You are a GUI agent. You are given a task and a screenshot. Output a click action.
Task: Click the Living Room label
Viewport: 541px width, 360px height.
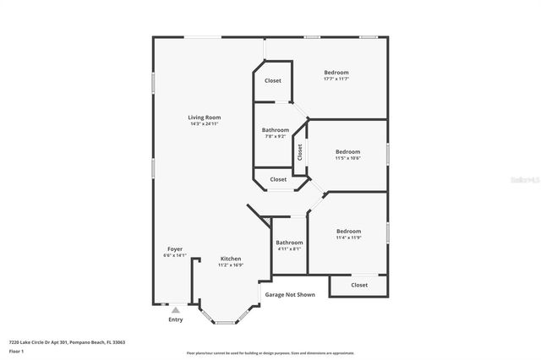pyautogui.click(x=205, y=117)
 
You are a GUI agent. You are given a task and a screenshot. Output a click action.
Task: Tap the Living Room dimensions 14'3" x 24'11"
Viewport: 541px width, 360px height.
pyautogui.click(x=205, y=124)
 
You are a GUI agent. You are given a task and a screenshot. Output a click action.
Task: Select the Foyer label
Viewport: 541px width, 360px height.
pyautogui.click(x=174, y=249)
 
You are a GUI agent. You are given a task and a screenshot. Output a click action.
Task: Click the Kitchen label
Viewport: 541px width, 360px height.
pyautogui.click(x=231, y=259)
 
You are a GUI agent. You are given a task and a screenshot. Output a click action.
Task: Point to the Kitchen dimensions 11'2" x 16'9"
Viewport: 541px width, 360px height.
pyautogui.click(x=231, y=265)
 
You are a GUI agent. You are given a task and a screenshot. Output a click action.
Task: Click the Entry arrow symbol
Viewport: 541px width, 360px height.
pyautogui.click(x=175, y=310)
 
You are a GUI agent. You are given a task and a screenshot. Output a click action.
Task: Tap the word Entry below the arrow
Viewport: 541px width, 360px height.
pyautogui.click(x=175, y=319)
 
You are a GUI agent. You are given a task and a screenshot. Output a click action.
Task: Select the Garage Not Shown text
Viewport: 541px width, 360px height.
pyautogui.click(x=290, y=295)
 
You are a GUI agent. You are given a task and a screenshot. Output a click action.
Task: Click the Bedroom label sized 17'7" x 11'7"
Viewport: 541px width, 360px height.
pyautogui.click(x=336, y=73)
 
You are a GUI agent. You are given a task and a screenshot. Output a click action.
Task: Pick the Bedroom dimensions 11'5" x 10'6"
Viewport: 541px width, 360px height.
pyautogui.click(x=347, y=158)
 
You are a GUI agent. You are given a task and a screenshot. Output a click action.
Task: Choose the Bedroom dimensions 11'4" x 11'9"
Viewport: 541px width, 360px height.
pyautogui.click(x=347, y=237)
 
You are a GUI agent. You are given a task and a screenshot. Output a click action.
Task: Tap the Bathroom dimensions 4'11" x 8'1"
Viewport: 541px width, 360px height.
pyautogui.click(x=289, y=249)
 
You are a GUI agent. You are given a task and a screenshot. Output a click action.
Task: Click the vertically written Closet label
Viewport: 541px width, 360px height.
pyautogui.click(x=299, y=152)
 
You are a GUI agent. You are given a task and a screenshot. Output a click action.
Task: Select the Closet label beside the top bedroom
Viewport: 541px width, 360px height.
pyautogui.click(x=273, y=80)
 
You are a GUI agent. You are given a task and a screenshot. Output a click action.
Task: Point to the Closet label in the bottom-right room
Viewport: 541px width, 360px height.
pyautogui.click(x=359, y=285)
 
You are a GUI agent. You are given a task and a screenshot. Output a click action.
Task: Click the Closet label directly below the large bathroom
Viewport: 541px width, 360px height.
pyautogui.click(x=278, y=179)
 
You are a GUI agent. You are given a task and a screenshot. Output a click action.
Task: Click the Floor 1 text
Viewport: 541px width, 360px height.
pyautogui.click(x=16, y=350)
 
